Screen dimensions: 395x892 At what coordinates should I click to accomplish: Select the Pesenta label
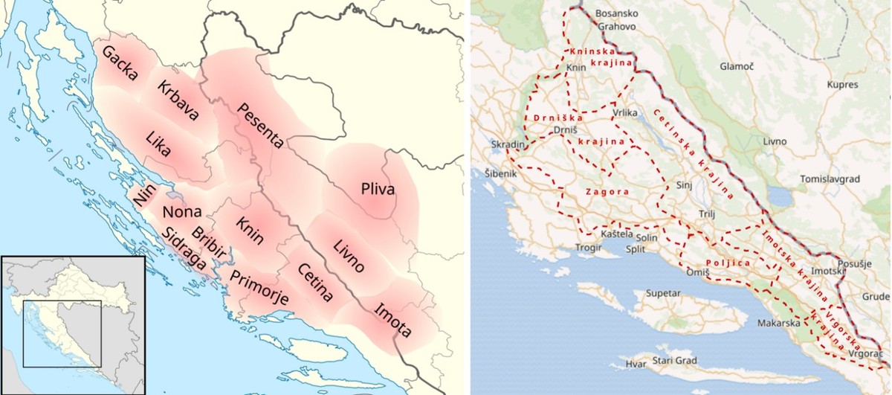coord(260,126)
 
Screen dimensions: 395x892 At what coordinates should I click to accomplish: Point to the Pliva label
coord(378,190)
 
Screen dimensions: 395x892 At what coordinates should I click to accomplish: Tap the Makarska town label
coord(778,324)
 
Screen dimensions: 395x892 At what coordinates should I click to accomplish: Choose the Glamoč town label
coord(736,66)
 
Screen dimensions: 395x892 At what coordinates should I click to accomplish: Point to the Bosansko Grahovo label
coord(616,20)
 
